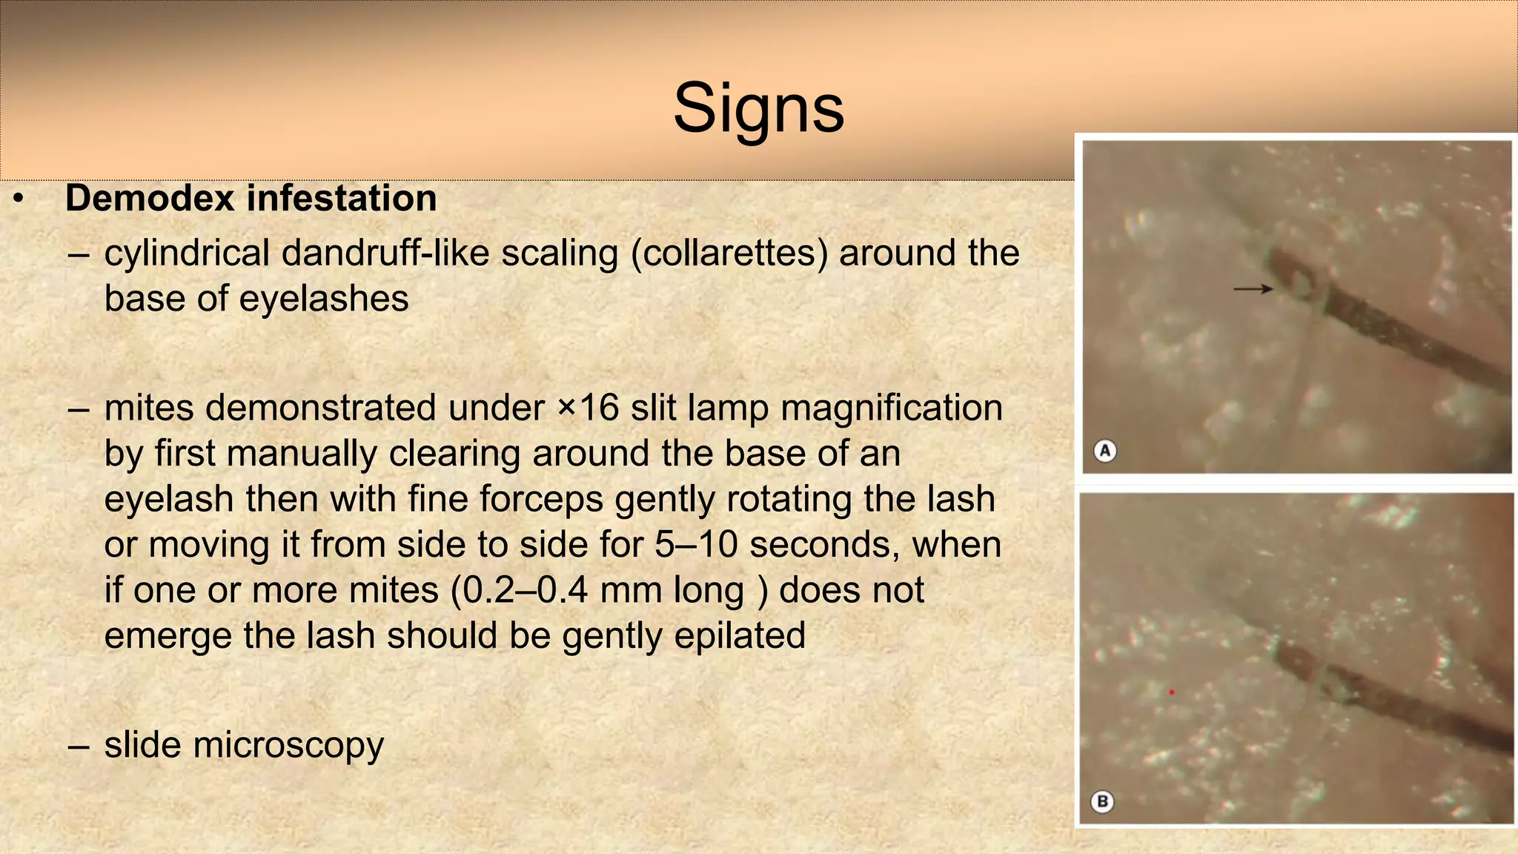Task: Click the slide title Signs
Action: point(758,109)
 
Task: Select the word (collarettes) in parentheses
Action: point(729,253)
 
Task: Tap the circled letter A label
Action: point(1105,450)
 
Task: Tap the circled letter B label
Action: point(1102,801)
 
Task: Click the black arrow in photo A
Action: point(1253,288)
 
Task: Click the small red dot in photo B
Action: point(1172,692)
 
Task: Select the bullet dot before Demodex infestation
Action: point(19,199)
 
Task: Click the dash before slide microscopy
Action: point(78,746)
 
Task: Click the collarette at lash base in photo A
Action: point(1298,279)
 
